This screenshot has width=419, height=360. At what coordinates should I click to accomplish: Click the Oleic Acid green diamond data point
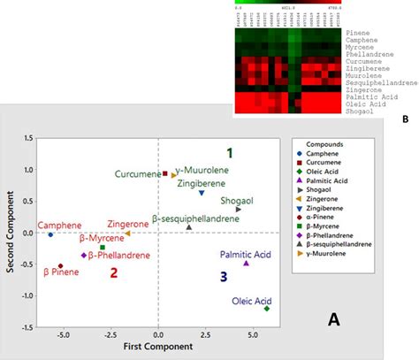coord(267,309)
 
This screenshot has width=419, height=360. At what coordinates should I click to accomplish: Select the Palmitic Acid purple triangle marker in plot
coord(247,264)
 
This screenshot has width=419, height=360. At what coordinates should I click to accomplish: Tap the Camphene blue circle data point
coord(50,234)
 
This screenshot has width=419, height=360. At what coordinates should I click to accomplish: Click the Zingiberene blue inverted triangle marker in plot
coord(202,193)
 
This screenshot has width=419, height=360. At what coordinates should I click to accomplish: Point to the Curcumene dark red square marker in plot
coord(164,173)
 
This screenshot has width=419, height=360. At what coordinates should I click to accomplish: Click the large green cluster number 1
coord(229,152)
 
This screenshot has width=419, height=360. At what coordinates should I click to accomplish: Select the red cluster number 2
coord(113,272)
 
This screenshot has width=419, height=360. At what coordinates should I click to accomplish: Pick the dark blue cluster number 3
coord(224,277)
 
